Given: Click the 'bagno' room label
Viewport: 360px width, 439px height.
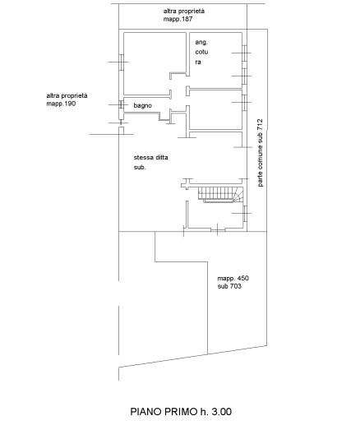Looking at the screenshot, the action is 142,105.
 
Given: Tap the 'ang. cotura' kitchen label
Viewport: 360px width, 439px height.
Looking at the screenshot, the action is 201,52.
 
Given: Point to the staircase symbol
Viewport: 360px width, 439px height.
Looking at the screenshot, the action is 220,194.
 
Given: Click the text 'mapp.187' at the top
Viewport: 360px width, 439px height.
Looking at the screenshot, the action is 178,19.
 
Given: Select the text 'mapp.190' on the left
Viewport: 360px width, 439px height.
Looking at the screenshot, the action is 61,104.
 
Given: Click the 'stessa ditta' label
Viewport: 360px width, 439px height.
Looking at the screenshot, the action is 151,157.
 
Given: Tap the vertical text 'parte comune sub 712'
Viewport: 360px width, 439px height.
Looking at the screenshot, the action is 260,153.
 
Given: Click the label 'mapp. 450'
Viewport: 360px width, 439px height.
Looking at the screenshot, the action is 233,279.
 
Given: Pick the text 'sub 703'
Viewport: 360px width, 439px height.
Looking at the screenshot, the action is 229,286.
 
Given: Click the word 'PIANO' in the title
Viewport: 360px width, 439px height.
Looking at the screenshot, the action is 146,412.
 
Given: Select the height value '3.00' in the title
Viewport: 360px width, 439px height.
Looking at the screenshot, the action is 222,412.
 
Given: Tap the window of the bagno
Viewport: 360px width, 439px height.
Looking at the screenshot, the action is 121,104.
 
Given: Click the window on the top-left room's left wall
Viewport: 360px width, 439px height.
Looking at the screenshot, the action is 122,62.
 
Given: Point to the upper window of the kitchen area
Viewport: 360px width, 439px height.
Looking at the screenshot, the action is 244,53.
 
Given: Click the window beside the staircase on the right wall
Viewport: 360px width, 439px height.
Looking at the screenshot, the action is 245,214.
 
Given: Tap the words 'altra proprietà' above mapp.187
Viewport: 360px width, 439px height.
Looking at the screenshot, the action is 184,12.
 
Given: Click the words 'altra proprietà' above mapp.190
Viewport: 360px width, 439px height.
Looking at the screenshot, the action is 67,95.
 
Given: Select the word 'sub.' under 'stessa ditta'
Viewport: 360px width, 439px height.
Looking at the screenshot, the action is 140,168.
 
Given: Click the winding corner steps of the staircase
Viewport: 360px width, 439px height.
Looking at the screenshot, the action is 238,195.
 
